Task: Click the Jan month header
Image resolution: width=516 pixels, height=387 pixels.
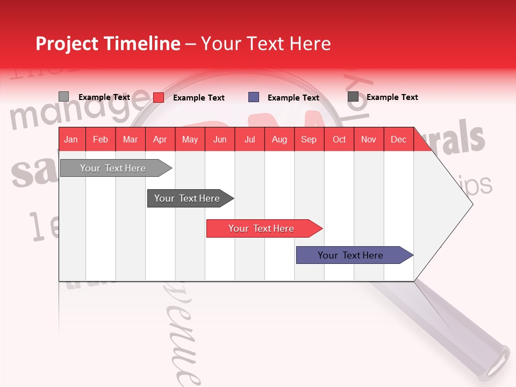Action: pyautogui.click(x=71, y=139)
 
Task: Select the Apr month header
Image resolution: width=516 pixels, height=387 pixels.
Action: pyautogui.click(x=160, y=139)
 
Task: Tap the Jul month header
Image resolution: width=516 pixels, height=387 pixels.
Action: pyautogui.click(x=249, y=139)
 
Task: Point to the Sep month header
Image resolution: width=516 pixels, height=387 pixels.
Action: pyautogui.click(x=309, y=139)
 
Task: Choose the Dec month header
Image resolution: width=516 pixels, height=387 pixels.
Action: pyautogui.click(x=398, y=139)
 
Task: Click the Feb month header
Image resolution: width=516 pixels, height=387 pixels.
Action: pyautogui.click(x=101, y=139)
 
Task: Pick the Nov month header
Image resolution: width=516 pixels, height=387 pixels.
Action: pyautogui.click(x=369, y=139)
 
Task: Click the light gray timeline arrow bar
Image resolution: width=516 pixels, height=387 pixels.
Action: pyautogui.click(x=113, y=168)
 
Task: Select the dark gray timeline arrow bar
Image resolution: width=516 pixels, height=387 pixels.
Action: pyautogui.click(x=187, y=198)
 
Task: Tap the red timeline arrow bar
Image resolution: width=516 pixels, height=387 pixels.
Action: pyautogui.click(x=261, y=228)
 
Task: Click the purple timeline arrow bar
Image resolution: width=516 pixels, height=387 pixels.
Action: pyautogui.click(x=350, y=255)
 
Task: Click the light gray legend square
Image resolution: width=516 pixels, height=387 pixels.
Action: pyautogui.click(x=63, y=96)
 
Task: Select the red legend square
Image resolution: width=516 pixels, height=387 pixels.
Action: pyautogui.click(x=159, y=97)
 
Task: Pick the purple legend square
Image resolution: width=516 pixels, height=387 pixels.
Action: pyautogui.click(x=254, y=97)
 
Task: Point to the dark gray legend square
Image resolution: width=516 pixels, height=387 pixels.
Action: pyautogui.click(x=353, y=96)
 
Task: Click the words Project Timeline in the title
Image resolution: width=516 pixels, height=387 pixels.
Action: pyautogui.click(x=107, y=44)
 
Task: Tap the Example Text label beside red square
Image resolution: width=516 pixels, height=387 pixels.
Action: pyautogui.click(x=199, y=98)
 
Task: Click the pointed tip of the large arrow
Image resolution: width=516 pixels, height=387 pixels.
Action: pyautogui.click(x=471, y=204)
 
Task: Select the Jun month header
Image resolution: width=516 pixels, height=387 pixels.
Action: pyautogui.click(x=220, y=139)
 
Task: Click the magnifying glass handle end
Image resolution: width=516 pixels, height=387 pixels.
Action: pyautogui.click(x=497, y=361)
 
